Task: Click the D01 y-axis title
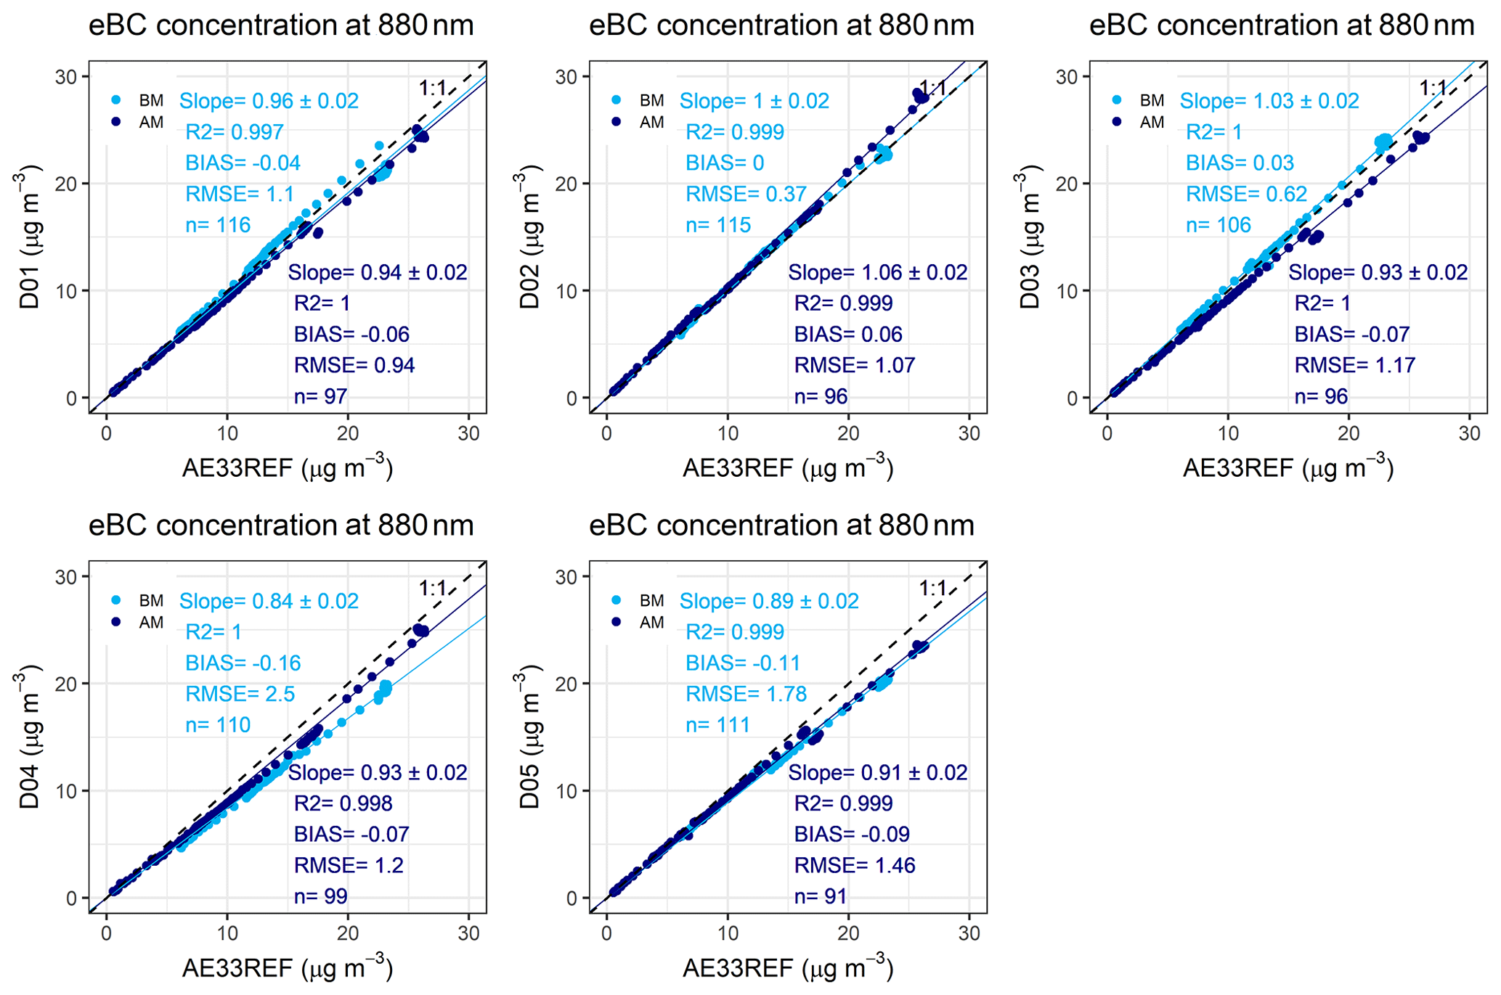coord(29,238)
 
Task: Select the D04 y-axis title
coord(29,738)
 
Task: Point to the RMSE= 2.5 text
coord(240,695)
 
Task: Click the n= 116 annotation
coord(218,225)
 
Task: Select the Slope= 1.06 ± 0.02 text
coord(877,273)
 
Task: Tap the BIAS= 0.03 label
coord(1240,163)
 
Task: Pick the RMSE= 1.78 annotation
coord(746,695)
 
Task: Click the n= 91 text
coord(820,896)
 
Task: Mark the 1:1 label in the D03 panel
coord(1433,89)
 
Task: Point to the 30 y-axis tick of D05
coord(566,577)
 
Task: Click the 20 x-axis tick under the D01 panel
coord(348,434)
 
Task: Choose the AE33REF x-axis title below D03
coord(1288,468)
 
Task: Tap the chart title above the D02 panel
coord(781,25)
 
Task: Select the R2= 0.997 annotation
coord(234,132)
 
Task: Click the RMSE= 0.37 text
coord(746,195)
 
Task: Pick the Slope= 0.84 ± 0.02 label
coord(269,602)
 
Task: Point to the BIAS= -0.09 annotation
coord(851,835)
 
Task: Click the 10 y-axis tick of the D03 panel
coord(1067,291)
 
